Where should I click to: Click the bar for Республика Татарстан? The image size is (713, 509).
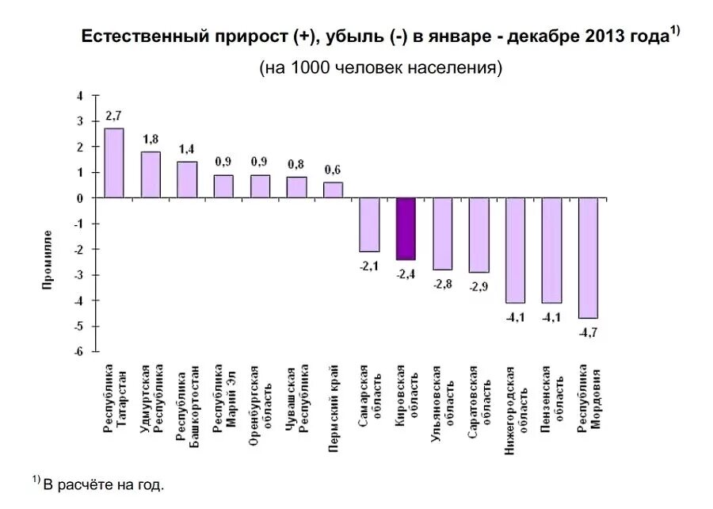pyautogui.click(x=114, y=163)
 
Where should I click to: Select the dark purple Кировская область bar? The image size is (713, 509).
pyautogui.click(x=406, y=228)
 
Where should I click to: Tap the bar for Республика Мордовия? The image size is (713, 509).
pyautogui.click(x=588, y=258)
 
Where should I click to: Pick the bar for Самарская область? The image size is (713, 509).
pyautogui.click(x=369, y=224)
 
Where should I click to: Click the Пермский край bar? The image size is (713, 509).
pyautogui.click(x=334, y=189)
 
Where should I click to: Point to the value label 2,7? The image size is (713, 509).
pyautogui.click(x=113, y=117)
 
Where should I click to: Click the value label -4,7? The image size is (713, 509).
pyautogui.click(x=588, y=332)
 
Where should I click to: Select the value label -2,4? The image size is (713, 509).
pyautogui.click(x=405, y=274)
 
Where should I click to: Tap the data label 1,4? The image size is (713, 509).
pyautogui.click(x=187, y=149)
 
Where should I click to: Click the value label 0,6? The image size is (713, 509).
pyautogui.click(x=333, y=170)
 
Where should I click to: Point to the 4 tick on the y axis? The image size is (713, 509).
pyautogui.click(x=79, y=96)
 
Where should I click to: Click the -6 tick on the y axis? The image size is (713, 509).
pyautogui.click(x=78, y=351)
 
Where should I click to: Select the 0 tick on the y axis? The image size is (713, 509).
pyautogui.click(x=79, y=198)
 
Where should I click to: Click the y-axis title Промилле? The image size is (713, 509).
pyautogui.click(x=48, y=259)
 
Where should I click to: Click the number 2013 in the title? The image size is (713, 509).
pyautogui.click(x=605, y=36)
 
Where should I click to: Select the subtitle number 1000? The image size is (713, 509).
pyautogui.click(x=310, y=67)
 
